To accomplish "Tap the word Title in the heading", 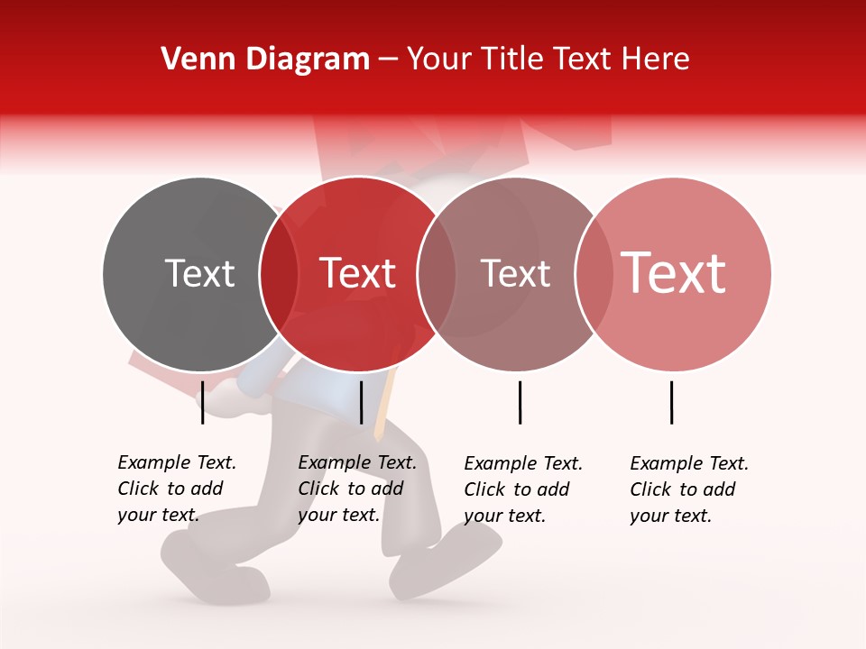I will coord(512,59).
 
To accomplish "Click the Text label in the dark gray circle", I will coord(199,273).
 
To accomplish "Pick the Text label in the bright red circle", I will coord(358,273).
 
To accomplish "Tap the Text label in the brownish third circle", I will coord(515,273).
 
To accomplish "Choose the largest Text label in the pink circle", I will coord(674,273).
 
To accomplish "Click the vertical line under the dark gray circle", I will coord(203,402).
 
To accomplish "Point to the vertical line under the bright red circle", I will coord(362,402).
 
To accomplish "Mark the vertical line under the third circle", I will coord(521,402).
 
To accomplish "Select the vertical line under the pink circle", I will coord(672,402).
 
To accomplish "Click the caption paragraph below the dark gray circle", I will coord(176,489).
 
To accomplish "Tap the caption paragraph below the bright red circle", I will coord(356,489).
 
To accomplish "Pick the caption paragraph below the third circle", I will coord(522,489).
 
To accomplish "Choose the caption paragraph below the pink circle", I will coord(688,489).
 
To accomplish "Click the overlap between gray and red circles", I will coord(279,273).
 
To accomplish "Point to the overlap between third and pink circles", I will coord(594,273).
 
